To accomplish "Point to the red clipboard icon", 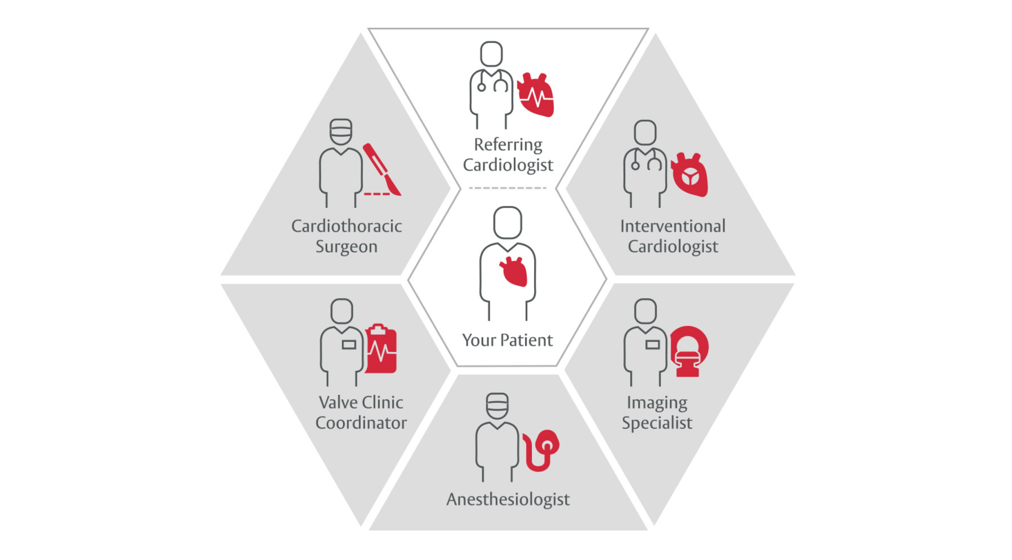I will tap(381, 349).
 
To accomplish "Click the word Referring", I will tap(508, 145).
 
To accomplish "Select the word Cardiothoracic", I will tap(346, 226).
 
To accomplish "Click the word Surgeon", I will tap(346, 246).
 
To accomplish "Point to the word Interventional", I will tap(673, 226).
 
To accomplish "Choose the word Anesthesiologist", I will tap(508, 499).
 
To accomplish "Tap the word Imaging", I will tap(657, 402).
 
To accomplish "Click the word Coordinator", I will tap(361, 423).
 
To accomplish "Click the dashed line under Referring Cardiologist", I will tap(507, 188).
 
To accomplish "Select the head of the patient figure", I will tap(507, 222).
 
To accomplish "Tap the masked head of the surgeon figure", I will tap(341, 132).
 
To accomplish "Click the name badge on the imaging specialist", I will tap(653, 345).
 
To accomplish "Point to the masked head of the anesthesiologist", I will tap(497, 406).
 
